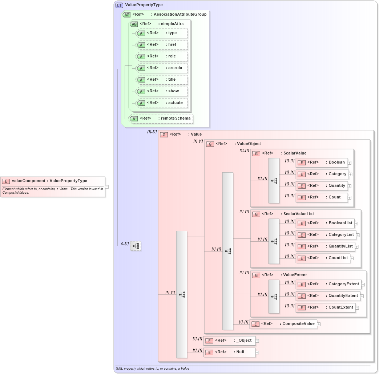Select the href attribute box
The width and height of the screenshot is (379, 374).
[x=162, y=45]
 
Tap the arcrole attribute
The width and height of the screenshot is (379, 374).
[x=162, y=68]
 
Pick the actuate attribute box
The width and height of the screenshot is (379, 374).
[x=162, y=103]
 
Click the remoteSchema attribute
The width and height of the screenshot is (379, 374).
[x=161, y=118]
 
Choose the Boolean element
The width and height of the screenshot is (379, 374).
[x=322, y=162]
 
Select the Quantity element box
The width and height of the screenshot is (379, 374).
[x=322, y=186]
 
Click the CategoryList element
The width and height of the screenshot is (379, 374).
[x=326, y=235]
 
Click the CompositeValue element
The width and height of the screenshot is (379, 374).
[x=283, y=324]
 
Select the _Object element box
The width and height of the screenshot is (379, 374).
[x=229, y=341]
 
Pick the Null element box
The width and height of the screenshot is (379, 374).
[x=229, y=352]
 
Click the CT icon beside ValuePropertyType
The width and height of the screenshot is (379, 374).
[x=119, y=5]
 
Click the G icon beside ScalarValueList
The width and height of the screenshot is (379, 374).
[x=256, y=214]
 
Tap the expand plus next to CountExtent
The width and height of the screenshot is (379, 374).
[x=357, y=308]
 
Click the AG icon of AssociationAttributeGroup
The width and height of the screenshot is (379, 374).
[x=126, y=15]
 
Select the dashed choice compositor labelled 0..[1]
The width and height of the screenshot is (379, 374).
[x=136, y=246]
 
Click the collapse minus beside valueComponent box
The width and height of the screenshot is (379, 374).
[x=107, y=187]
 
